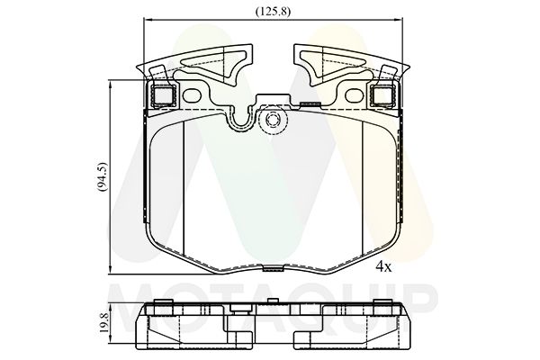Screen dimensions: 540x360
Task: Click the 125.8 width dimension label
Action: [x=273, y=12]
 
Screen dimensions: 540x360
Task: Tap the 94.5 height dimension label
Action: [x=103, y=176]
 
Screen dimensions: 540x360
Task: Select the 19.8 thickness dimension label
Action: [x=104, y=322]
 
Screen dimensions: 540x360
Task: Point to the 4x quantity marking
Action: [x=383, y=266]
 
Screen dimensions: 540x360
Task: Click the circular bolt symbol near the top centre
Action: [x=273, y=120]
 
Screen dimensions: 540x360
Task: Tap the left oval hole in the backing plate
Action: [x=192, y=95]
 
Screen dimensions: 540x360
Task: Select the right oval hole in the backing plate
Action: [x=354, y=95]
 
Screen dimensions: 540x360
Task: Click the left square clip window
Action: [x=164, y=95]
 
